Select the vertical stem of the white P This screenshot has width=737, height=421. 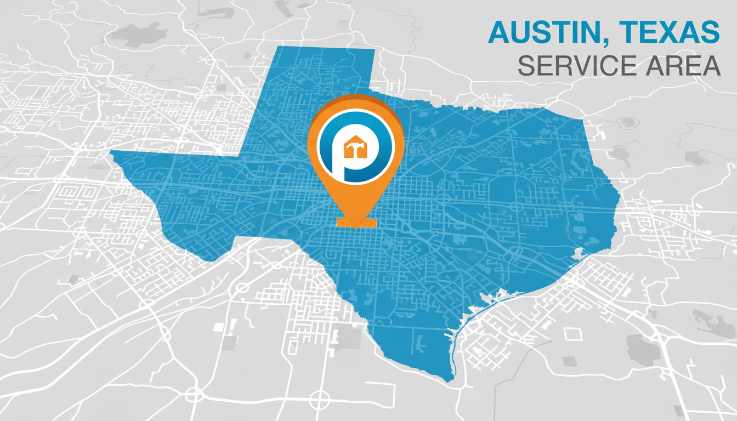tap(337, 164)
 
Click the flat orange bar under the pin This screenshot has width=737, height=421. tap(356, 222)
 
